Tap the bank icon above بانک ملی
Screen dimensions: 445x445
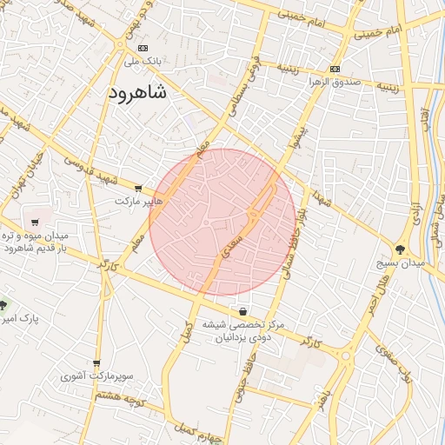tap(143, 48)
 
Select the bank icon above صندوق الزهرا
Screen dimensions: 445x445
tap(335, 70)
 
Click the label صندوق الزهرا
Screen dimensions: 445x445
tap(327, 83)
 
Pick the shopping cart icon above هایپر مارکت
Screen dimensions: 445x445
tap(138, 188)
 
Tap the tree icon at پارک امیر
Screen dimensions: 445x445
tap(4, 305)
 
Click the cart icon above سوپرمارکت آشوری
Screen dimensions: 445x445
tap(96, 363)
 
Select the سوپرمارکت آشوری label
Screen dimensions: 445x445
tap(97, 377)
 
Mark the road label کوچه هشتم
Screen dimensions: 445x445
tap(121, 399)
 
